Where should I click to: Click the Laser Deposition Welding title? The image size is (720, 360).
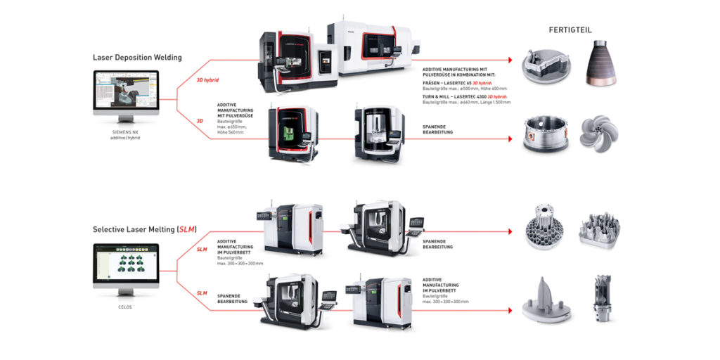(137, 58)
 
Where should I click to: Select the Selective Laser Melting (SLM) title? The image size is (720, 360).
(145, 229)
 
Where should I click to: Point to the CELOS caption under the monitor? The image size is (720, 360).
(126, 307)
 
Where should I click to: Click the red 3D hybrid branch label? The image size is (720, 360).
(210, 80)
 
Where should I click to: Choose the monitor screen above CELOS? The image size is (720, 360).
(126, 266)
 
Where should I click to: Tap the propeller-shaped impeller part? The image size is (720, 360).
(599, 133)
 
